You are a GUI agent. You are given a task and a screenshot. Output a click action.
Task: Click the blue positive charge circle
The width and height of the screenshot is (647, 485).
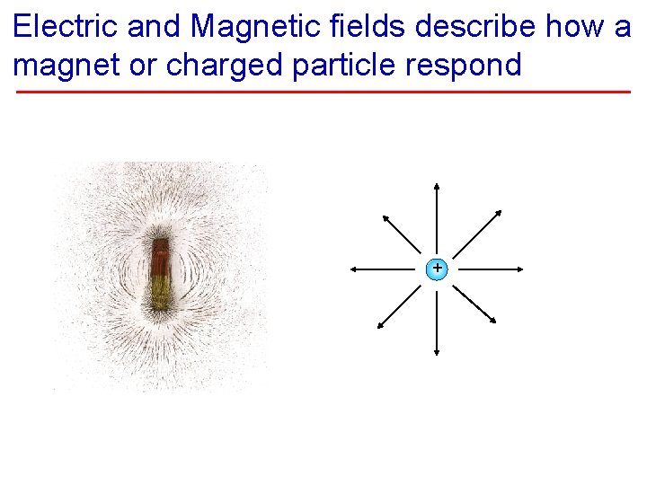[437, 268]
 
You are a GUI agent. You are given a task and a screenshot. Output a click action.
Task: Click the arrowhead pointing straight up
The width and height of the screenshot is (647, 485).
[437, 187]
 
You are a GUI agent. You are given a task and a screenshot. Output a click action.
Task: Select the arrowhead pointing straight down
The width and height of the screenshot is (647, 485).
[437, 351]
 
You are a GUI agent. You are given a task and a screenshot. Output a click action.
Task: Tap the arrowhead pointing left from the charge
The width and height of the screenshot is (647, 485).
[353, 268]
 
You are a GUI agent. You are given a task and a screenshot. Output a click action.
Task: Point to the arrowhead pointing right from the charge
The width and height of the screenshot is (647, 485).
[520, 268]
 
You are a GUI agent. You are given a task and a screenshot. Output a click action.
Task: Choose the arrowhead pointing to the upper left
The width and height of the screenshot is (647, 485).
[384, 218]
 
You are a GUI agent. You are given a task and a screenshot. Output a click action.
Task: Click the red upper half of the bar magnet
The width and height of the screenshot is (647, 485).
[160, 256]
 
